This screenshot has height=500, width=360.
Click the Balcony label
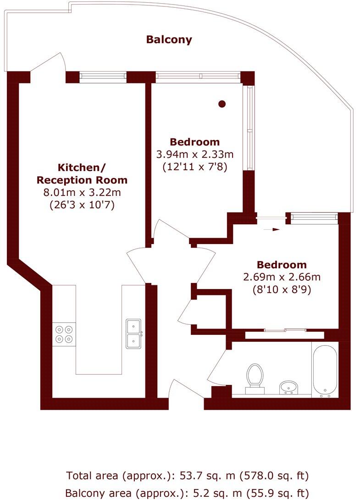[x=169, y=39]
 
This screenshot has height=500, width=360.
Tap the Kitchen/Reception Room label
[x=82, y=173]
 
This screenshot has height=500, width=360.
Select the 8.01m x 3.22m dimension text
[x=82, y=193]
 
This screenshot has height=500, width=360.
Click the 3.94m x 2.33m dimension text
[x=195, y=154]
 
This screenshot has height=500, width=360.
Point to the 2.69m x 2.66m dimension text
[x=281, y=277]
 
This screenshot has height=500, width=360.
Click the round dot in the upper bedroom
[x=222, y=104]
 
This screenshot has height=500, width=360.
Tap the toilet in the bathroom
[x=255, y=378]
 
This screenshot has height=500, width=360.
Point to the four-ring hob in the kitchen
[x=64, y=334]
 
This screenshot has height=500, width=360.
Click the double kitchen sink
[x=134, y=333]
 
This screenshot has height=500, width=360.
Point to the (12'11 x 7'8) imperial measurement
[x=195, y=167]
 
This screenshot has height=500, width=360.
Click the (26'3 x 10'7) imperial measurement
[x=82, y=205]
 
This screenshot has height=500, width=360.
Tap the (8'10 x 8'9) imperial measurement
[x=281, y=289]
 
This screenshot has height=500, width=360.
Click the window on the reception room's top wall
[x=103, y=77]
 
